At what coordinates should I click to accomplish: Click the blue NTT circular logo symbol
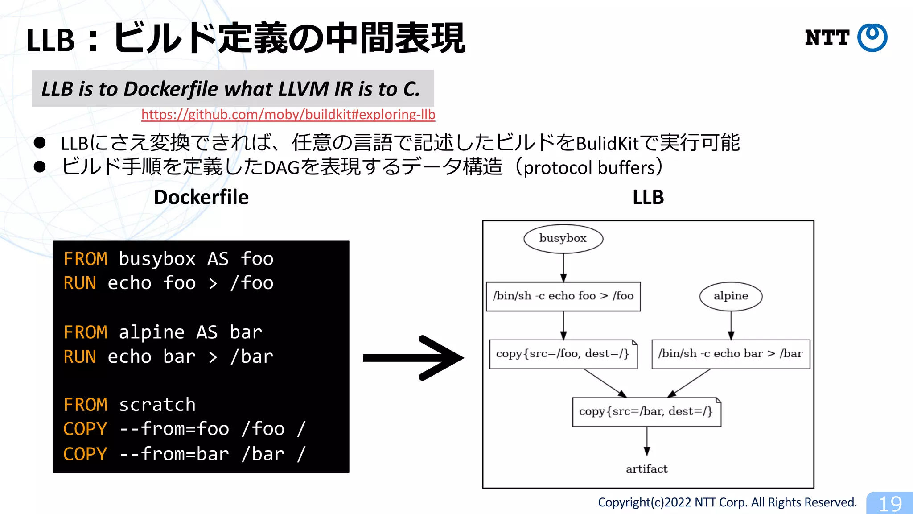(872, 37)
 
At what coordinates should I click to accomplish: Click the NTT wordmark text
(827, 37)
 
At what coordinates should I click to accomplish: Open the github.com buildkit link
(288, 115)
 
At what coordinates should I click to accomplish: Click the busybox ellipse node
(563, 238)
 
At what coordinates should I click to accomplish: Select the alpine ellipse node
(731, 296)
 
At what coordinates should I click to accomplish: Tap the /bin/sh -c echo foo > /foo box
(563, 296)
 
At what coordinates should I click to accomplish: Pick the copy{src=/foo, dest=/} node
(563, 354)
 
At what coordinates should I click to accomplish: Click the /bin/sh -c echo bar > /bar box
(730, 354)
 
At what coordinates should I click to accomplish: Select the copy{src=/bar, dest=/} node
(646, 411)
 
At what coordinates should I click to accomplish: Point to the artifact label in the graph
(646, 469)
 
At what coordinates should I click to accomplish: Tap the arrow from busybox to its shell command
(563, 268)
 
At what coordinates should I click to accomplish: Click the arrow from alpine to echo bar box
(731, 326)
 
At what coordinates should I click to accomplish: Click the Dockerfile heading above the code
(201, 197)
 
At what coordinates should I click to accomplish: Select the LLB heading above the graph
(648, 197)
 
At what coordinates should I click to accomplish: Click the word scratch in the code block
(157, 405)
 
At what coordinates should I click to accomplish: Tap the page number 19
(890, 504)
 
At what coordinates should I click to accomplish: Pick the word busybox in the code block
(157, 259)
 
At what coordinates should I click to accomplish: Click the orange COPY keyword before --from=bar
(85, 454)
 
